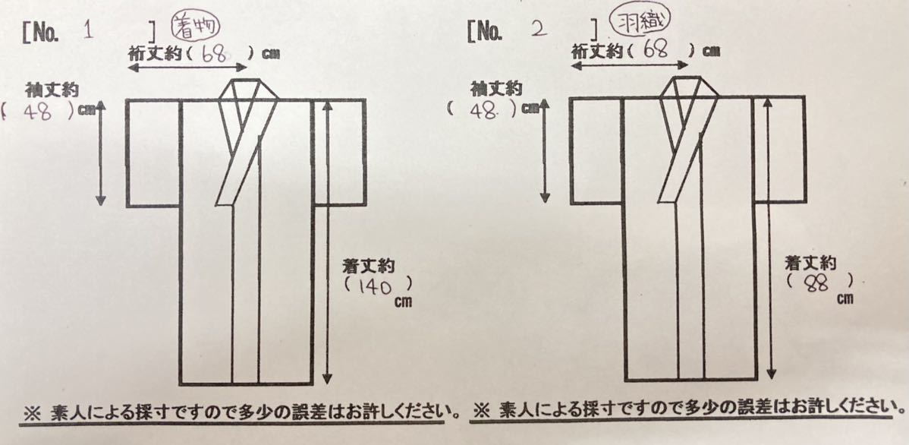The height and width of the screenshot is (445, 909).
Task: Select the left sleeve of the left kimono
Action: coord(153,153)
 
